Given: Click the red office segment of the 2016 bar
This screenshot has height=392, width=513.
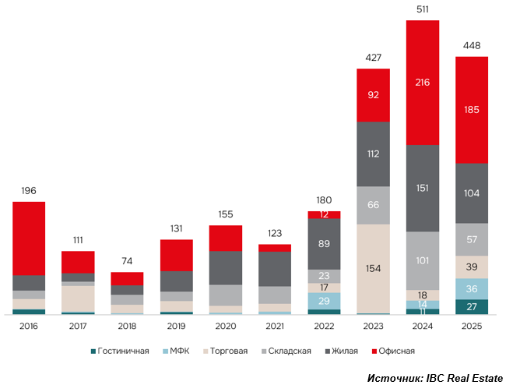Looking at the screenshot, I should point(29,238).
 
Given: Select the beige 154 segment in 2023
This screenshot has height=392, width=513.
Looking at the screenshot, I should point(373,268).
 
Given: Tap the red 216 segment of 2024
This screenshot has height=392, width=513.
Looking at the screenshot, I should point(423,82).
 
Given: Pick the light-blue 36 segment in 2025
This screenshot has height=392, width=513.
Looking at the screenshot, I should point(472,288).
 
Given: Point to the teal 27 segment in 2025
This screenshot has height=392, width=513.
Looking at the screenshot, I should point(472,306).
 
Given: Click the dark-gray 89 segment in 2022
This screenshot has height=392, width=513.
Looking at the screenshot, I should point(324,244).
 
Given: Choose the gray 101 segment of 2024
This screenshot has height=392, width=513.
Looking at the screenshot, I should point(423,260).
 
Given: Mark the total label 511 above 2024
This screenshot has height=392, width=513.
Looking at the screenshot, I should point(423,9).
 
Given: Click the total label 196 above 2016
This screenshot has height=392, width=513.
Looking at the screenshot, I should point(29,191).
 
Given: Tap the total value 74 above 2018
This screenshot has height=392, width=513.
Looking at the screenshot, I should point(127,261).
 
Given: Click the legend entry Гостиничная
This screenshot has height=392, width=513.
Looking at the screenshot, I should point(121,351).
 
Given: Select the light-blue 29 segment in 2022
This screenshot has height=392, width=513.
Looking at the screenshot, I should point(324,301).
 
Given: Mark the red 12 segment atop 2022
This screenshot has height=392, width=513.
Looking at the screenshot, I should point(324,214).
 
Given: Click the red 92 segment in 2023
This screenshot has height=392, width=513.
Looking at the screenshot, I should point(373,95).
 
